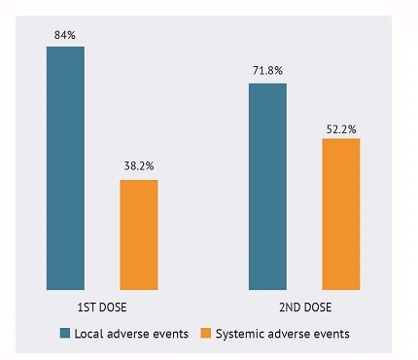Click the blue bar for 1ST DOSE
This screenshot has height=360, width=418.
pos(65,167)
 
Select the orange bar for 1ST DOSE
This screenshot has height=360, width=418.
pos(138,234)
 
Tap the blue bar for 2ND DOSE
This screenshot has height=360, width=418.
pos(267,186)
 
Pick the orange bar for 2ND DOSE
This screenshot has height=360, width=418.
pos(340,214)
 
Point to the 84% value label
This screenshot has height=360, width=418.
pos(65,36)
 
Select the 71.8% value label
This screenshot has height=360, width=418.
pos(267,73)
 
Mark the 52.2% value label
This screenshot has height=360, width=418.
pos(340,128)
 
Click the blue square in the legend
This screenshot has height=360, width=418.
pos(65,334)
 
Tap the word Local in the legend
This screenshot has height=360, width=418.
pos(89,334)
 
